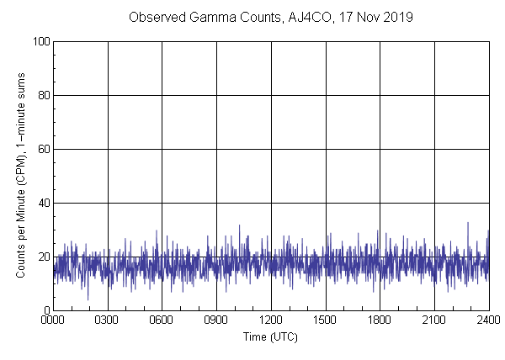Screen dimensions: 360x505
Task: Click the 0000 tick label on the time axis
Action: pos(53,320)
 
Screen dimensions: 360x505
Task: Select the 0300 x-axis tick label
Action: pos(108,320)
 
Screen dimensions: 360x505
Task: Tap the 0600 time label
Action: pos(162,320)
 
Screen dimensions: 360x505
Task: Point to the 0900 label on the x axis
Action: pos(216,320)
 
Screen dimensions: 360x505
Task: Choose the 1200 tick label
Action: pos(271,320)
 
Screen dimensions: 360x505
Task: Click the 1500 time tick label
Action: pos(326,320)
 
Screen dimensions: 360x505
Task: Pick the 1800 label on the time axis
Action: pos(380,320)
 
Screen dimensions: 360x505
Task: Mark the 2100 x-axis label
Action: pos(434,320)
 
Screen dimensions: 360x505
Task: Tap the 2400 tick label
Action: pos(488,320)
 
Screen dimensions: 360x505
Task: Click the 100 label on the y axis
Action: pos(40,41)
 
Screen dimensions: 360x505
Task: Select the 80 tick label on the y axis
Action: pos(43,95)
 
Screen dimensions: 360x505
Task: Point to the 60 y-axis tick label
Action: pos(43,149)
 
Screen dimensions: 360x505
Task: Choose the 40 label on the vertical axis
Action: pos(43,203)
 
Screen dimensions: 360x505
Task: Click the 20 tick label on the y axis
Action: pos(43,257)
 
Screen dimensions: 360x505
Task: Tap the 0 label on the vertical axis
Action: pos(46,310)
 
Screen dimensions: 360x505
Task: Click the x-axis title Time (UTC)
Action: pos(270,336)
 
